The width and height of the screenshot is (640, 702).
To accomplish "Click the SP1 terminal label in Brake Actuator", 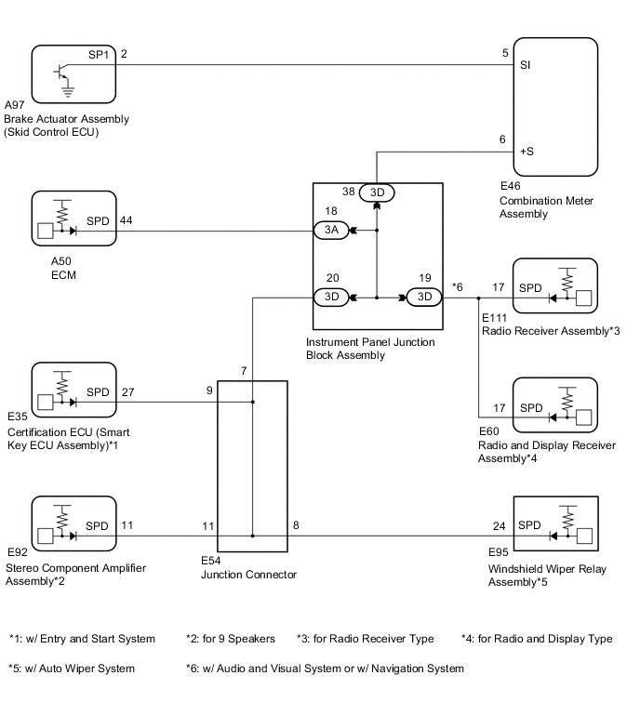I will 99,55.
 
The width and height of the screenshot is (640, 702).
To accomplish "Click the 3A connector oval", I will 332,230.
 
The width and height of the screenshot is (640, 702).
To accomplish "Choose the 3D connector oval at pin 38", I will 377,192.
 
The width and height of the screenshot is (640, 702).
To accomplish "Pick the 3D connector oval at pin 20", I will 330,298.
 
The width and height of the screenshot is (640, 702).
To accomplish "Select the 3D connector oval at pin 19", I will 423,298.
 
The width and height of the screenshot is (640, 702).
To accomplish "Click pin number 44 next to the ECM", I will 127,220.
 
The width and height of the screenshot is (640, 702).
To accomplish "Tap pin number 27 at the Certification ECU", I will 127,392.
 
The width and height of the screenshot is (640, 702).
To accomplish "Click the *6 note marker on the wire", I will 457,288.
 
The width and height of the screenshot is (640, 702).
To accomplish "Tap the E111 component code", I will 494,319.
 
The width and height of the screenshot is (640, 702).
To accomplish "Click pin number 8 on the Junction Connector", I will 296,525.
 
